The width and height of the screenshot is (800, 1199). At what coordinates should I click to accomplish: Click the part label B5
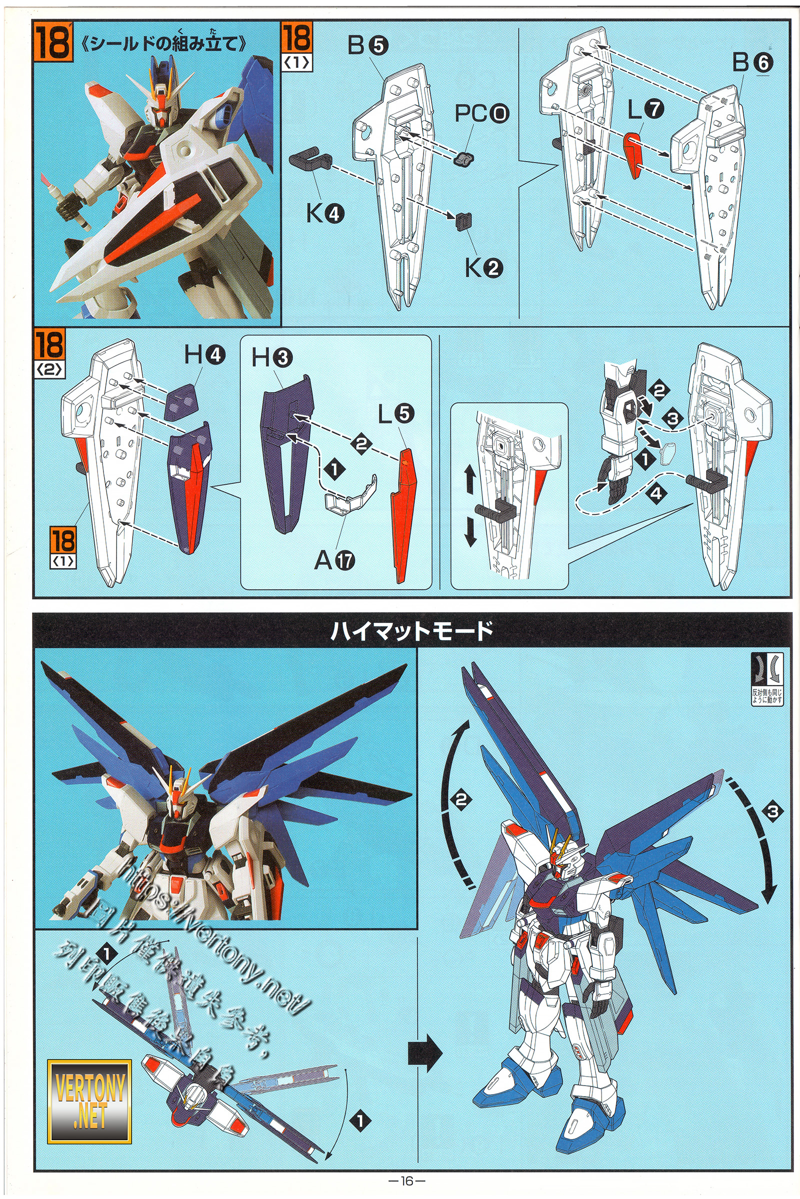pyautogui.click(x=367, y=46)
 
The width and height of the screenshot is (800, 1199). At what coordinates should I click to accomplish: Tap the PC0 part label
pyautogui.click(x=480, y=113)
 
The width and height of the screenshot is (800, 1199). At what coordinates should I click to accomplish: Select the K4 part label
pyautogui.click(x=324, y=214)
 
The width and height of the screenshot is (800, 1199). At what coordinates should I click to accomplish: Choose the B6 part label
pyautogui.click(x=752, y=63)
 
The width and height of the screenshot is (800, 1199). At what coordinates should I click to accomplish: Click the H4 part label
pyautogui.click(x=204, y=355)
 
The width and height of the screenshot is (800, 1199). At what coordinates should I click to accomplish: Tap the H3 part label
pyautogui.click(x=272, y=358)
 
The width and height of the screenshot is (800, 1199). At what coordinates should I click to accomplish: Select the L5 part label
pyautogui.click(x=396, y=415)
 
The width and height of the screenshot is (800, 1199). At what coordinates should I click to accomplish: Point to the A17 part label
pyautogui.click(x=334, y=561)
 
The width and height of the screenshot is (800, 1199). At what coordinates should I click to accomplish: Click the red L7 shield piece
pyautogui.click(x=634, y=154)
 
